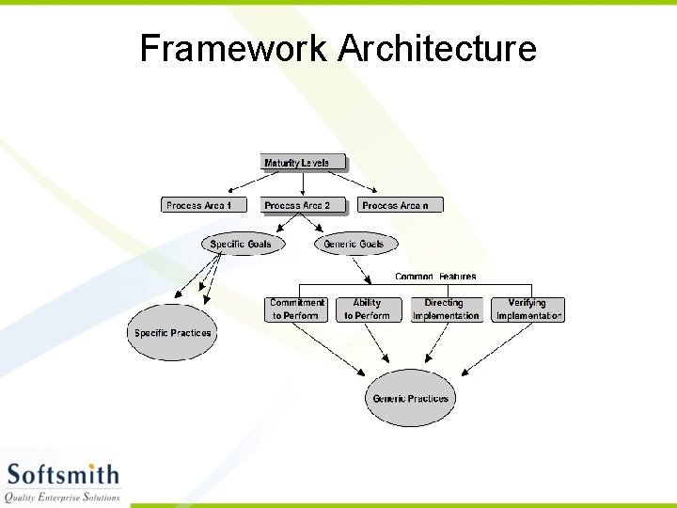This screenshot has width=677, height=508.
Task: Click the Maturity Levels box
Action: click(297, 163)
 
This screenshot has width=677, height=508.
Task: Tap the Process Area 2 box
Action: click(297, 205)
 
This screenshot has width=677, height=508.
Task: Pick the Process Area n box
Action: click(396, 205)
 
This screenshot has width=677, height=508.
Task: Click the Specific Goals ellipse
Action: click(242, 245)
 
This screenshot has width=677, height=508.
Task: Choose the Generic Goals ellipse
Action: click(354, 245)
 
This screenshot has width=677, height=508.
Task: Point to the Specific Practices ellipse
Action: click(171, 333)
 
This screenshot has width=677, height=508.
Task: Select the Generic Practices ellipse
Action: click(410, 399)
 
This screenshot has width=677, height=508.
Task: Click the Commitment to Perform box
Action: click(297, 310)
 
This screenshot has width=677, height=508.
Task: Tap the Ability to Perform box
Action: click(367, 310)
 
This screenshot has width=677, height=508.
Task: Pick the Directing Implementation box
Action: click(446, 310)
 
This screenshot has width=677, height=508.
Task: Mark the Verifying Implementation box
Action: click(528, 310)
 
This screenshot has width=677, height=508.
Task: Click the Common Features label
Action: click(435, 277)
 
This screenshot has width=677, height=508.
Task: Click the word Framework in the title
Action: click(233, 48)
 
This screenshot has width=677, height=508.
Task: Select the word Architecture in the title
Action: click(437, 48)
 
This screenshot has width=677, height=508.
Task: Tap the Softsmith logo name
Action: click(63, 474)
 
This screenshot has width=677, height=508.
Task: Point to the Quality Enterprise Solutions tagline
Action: click(63, 497)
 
